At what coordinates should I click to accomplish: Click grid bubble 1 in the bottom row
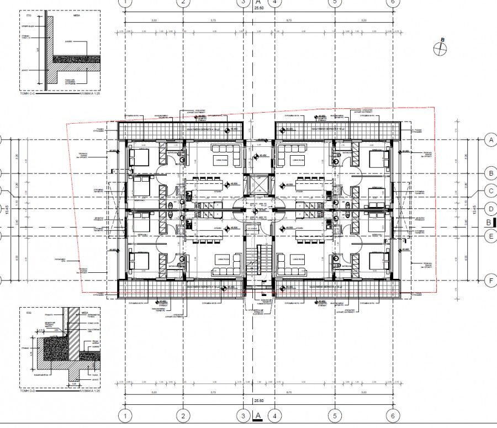coord(126,415)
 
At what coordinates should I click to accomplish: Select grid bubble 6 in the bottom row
coord(392,415)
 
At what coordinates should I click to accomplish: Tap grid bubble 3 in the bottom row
coord(244,415)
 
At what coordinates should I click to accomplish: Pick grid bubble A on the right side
coord(489,140)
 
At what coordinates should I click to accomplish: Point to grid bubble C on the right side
coord(489,191)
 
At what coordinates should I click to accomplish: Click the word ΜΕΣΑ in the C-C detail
coord(76,17)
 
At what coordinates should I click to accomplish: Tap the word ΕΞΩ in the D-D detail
coord(29,313)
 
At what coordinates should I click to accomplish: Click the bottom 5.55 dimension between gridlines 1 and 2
coord(154,393)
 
